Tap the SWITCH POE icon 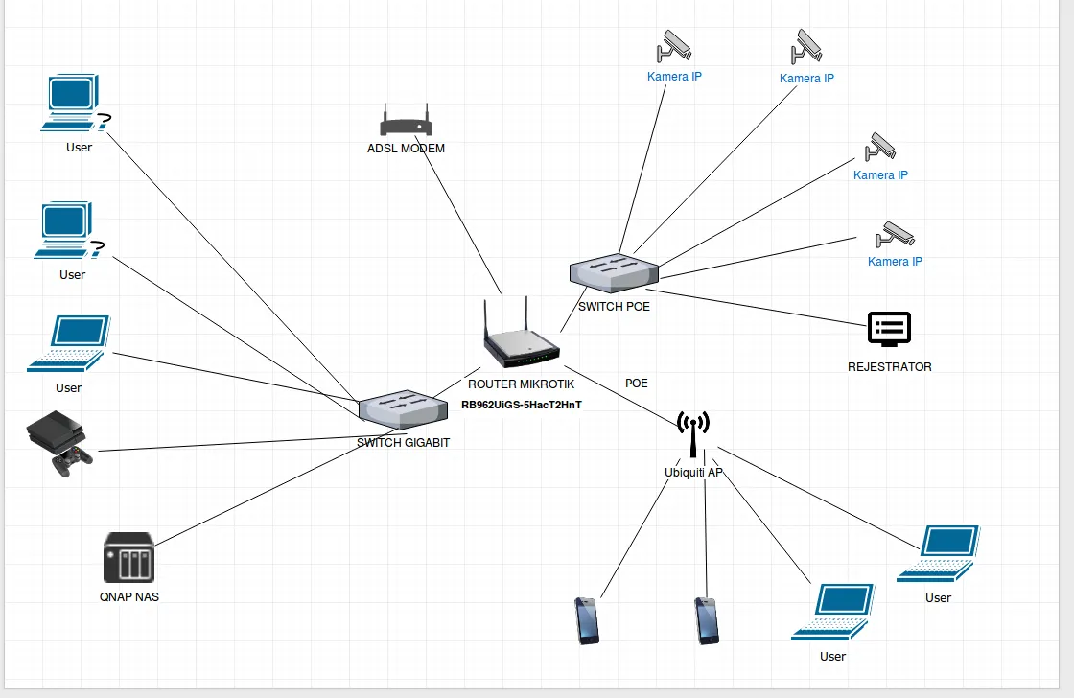click(x=614, y=271)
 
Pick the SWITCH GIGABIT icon click(x=403, y=408)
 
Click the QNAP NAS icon click(x=128, y=557)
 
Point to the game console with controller click(x=60, y=444)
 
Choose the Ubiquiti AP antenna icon click(x=692, y=434)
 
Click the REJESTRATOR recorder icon click(x=889, y=329)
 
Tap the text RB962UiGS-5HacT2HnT click(x=522, y=405)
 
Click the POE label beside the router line click(x=637, y=384)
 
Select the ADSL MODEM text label click(x=406, y=149)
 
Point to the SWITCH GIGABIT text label click(x=403, y=443)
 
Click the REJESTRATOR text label click(x=889, y=367)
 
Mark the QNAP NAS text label click(x=129, y=596)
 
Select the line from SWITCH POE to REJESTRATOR click(x=758, y=304)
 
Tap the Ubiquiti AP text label click(x=693, y=473)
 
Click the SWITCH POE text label click(x=614, y=307)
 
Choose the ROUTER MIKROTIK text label click(x=522, y=384)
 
